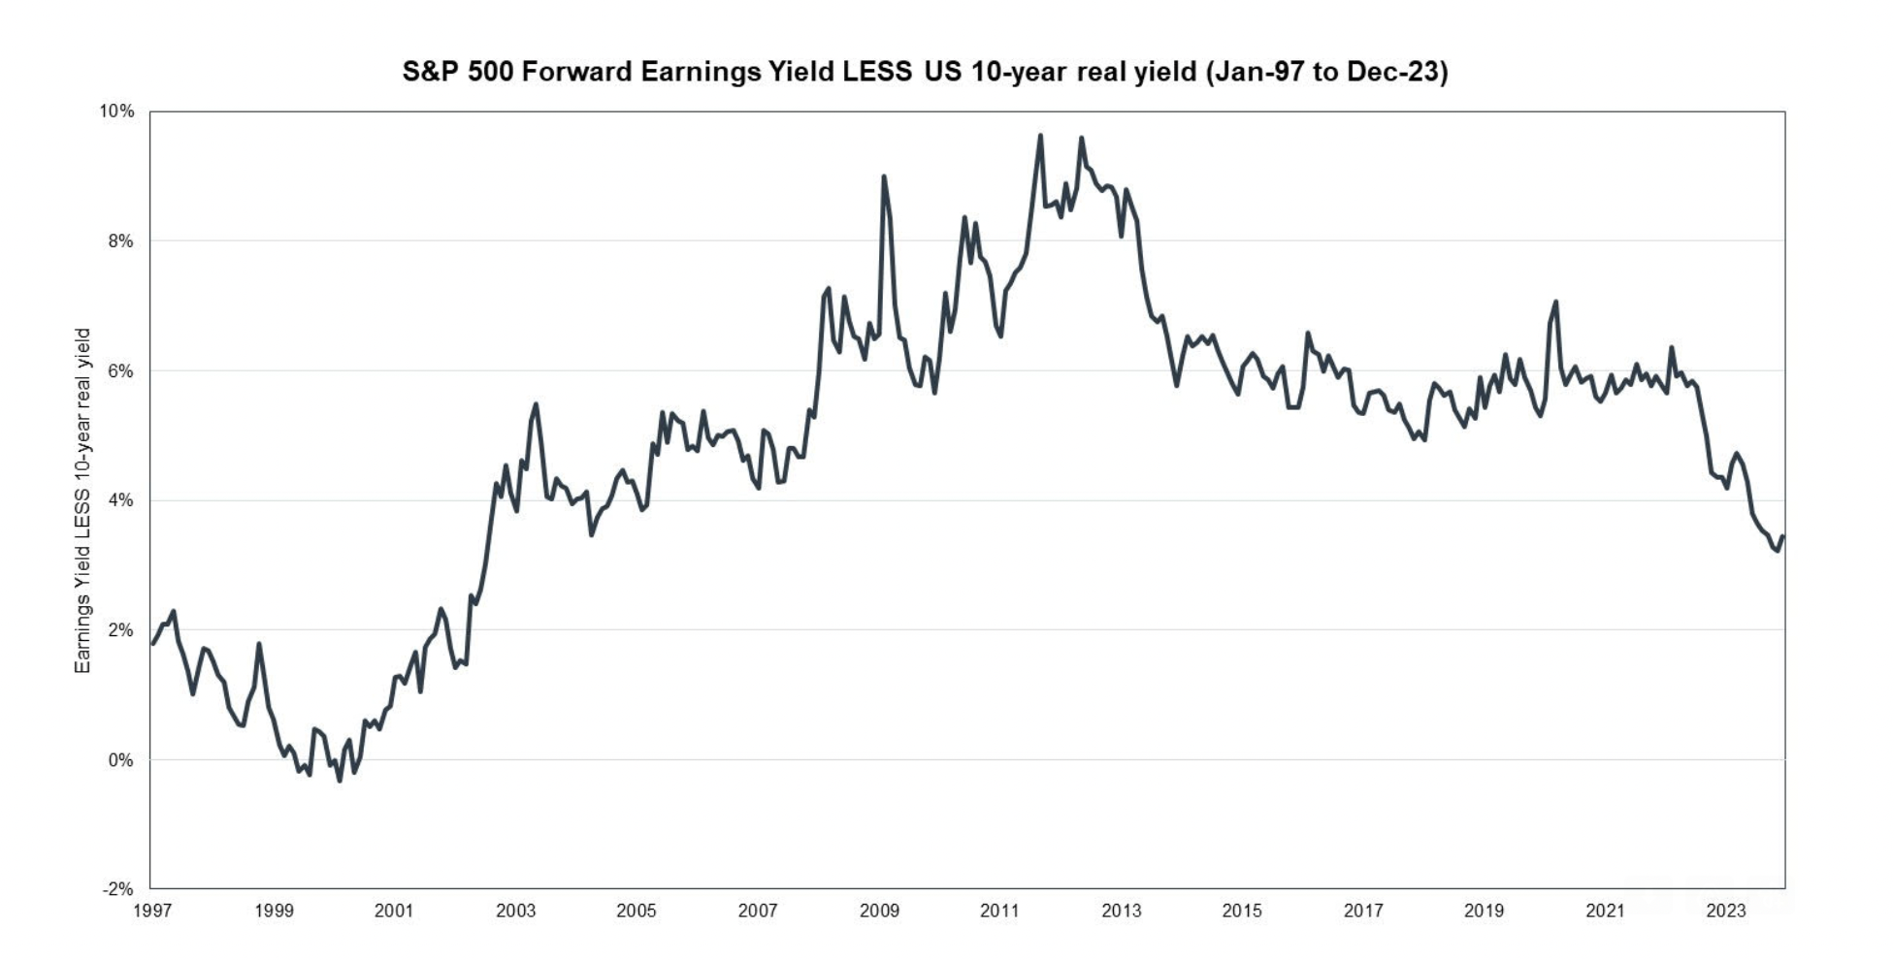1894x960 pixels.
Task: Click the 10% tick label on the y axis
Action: tap(116, 112)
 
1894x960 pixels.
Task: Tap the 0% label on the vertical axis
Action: tap(120, 760)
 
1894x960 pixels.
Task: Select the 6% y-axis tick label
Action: tap(120, 371)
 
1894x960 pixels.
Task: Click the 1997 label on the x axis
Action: tap(152, 911)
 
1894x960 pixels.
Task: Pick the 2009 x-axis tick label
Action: tap(879, 911)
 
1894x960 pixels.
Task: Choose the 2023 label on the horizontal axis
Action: tap(1726, 911)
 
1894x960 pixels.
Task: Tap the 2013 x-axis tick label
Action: tap(1122, 911)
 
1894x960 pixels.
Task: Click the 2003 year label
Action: tap(515, 911)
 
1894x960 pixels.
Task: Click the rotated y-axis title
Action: tap(82, 500)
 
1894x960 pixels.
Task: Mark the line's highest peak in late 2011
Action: tap(1040, 136)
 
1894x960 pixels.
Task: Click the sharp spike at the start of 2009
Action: tap(883, 176)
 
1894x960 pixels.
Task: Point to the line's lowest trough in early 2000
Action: tap(340, 780)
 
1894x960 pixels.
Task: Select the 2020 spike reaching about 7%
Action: tap(1555, 302)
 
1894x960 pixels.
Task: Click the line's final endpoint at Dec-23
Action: tap(1782, 536)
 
